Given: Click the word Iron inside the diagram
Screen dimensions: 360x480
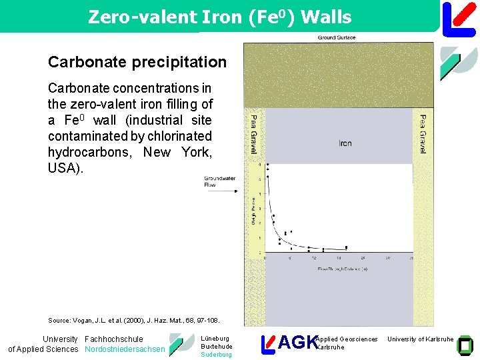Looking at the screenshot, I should [x=345, y=143].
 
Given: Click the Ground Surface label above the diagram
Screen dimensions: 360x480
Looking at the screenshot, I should [x=337, y=38].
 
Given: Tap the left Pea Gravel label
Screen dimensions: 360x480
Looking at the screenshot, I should [x=253, y=134].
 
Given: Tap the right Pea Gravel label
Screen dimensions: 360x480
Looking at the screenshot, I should [x=423, y=134].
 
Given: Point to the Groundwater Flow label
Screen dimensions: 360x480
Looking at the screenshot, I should [x=215, y=181].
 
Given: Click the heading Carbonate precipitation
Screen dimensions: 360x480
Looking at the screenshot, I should [x=137, y=62].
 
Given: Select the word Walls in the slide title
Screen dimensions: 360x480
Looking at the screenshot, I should [x=326, y=17].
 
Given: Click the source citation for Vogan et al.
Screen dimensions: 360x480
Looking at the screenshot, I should [x=133, y=321].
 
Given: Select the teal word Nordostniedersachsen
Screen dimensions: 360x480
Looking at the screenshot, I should [x=125, y=349].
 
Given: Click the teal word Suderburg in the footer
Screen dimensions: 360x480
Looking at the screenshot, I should [x=216, y=355].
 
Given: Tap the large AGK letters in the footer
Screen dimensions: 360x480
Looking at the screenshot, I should [x=297, y=343].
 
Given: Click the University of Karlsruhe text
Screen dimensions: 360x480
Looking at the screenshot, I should [x=420, y=339].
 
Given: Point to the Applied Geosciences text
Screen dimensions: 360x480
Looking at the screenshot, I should [x=347, y=339].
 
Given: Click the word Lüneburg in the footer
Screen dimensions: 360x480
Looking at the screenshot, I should [x=215, y=339].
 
